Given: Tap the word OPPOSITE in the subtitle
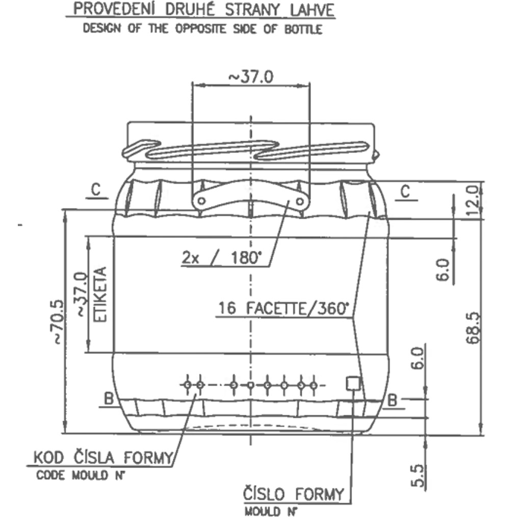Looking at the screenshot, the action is click(200, 29).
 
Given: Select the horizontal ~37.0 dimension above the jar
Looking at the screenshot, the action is click(251, 77).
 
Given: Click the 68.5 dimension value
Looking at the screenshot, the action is click(474, 328).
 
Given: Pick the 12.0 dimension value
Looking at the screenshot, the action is click(474, 201).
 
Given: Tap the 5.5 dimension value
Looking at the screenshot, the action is click(418, 476).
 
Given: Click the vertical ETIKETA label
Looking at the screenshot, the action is click(100, 294).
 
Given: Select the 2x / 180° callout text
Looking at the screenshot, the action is click(222, 257).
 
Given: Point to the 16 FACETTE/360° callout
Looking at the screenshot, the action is click(283, 308).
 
